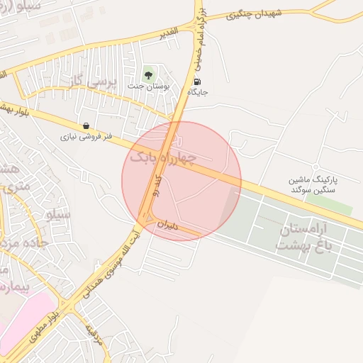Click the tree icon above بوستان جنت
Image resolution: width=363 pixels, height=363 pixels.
click(148, 74)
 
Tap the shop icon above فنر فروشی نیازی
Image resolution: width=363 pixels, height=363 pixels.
click(86, 125)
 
